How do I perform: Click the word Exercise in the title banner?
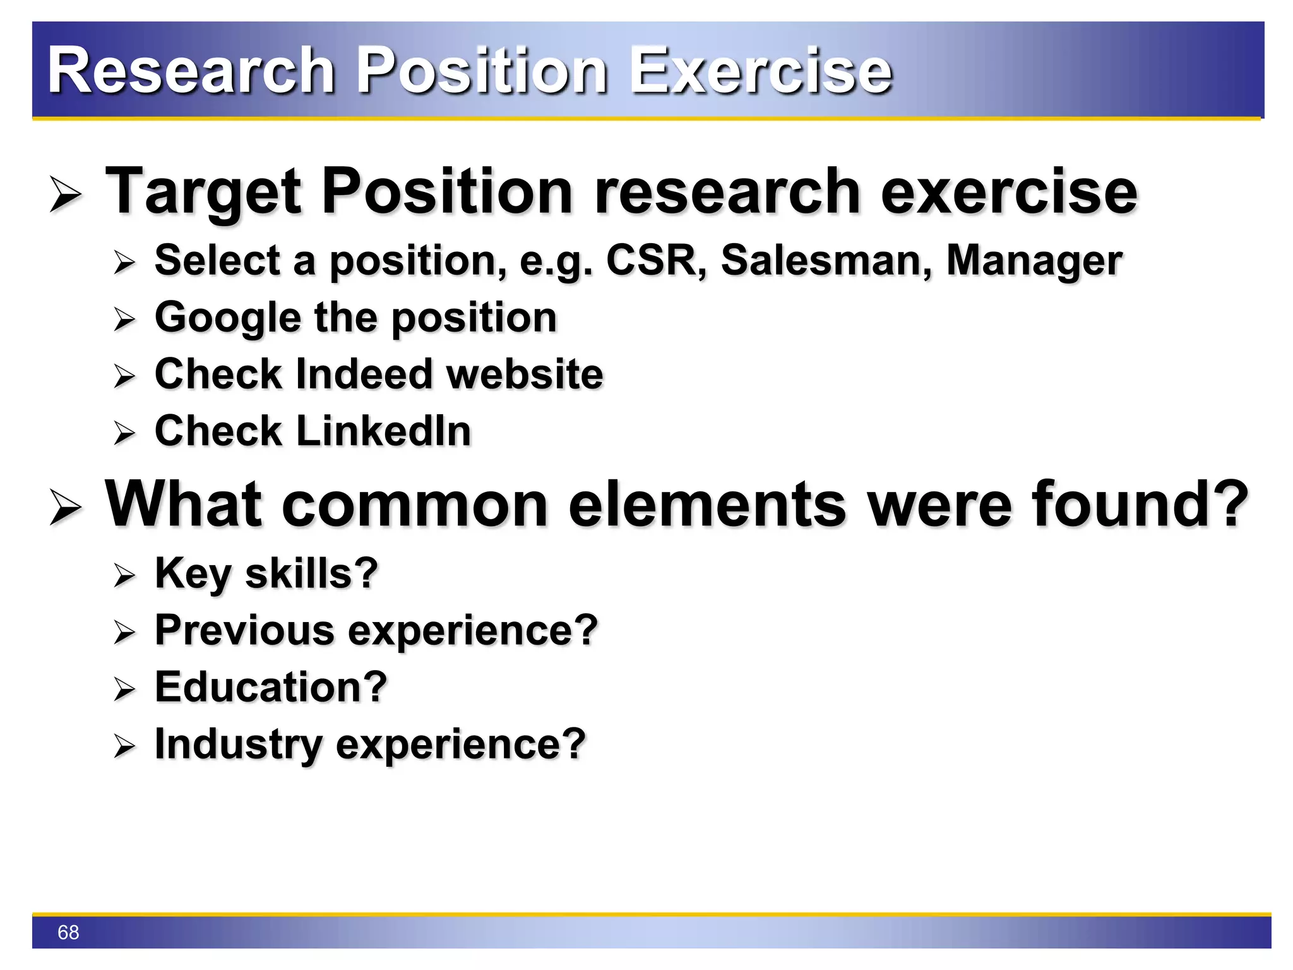pos(761,71)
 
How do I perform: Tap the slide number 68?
pos(68,932)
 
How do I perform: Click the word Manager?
pos(1034,261)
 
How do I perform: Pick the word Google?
pos(227,318)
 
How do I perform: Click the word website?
pos(525,374)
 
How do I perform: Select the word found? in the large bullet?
pos(1140,504)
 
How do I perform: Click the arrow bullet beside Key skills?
pos(124,575)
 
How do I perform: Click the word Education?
pos(271,687)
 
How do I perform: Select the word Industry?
pos(238,744)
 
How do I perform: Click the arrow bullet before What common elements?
pos(66,508)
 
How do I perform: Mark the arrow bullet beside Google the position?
pos(124,320)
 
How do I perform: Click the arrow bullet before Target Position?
pos(66,195)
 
